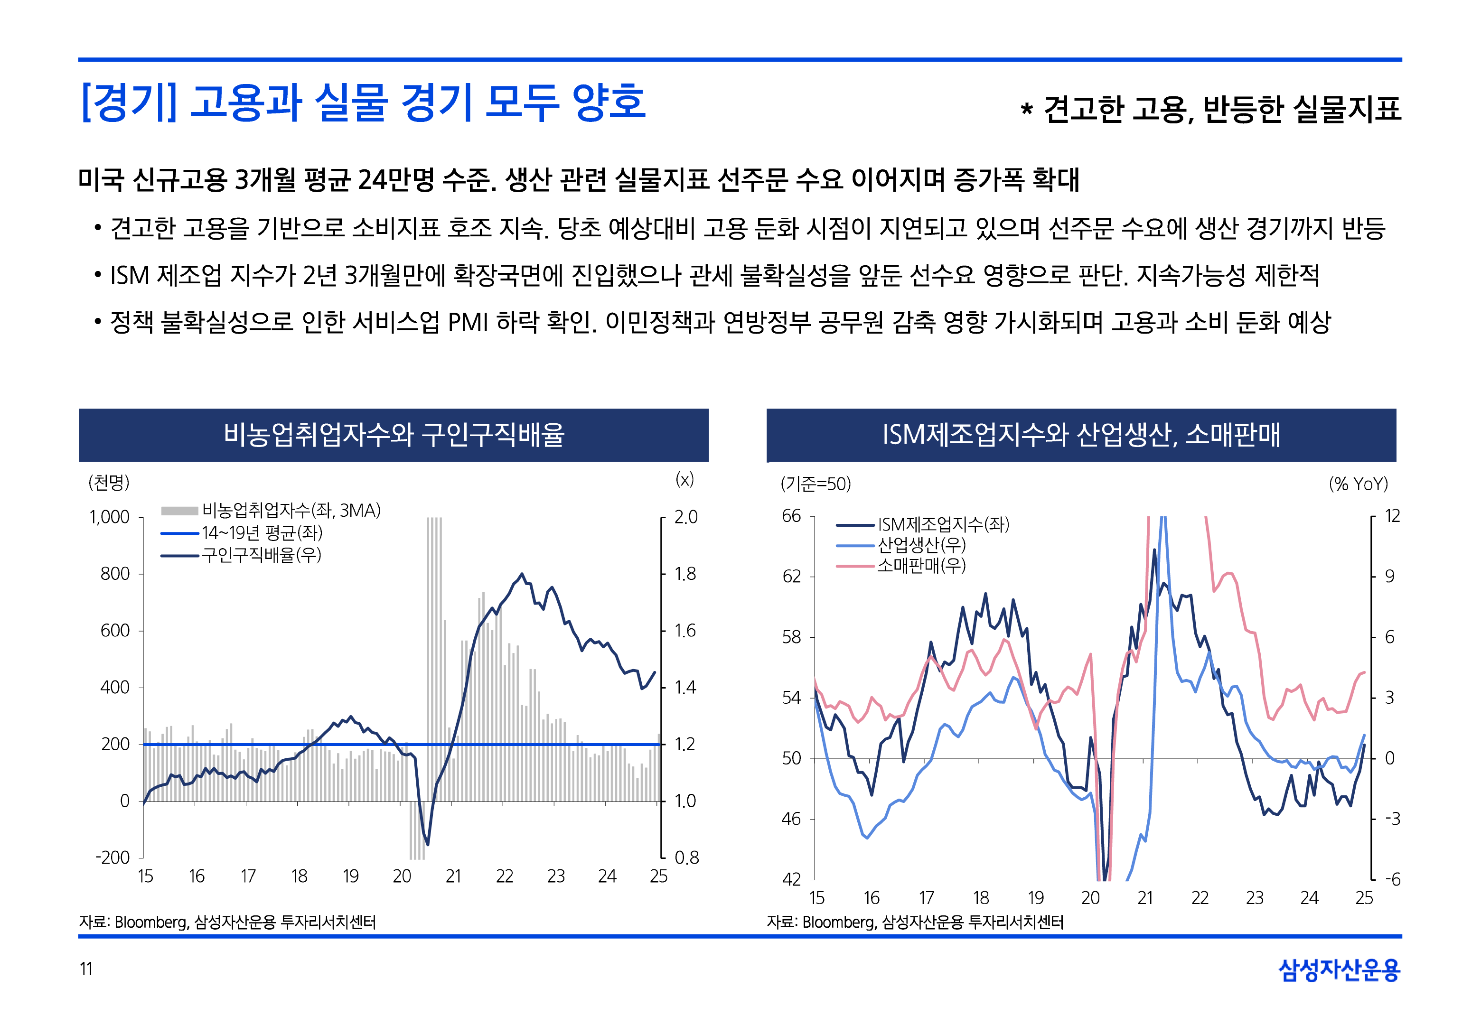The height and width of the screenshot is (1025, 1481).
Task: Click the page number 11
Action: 86,969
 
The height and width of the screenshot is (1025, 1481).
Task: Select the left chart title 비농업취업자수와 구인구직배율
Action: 394,435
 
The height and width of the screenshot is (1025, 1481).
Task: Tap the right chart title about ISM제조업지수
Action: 1081,435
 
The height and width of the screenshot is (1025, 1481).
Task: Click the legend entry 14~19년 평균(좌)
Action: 262,532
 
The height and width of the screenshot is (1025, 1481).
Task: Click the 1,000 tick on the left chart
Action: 109,517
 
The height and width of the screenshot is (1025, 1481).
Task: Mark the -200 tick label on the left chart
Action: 113,857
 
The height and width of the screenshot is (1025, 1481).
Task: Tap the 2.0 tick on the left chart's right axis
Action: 685,517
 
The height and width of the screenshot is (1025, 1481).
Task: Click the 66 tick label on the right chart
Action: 791,516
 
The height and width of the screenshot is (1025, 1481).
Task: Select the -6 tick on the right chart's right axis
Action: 1392,879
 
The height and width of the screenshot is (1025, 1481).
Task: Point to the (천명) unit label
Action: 109,482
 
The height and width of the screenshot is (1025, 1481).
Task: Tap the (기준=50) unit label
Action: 815,484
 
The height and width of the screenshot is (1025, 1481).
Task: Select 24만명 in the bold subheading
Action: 395,180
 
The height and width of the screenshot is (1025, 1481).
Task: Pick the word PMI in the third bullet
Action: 468,322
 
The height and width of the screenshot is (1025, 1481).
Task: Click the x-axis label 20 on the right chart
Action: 1090,898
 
